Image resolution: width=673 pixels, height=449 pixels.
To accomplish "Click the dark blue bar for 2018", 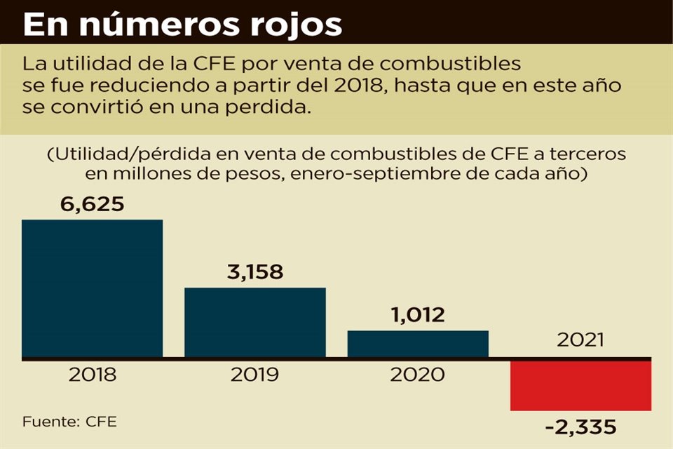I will pyautogui.click(x=93, y=289).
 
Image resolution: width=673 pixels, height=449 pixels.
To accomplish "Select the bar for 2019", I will pyautogui.click(x=255, y=323).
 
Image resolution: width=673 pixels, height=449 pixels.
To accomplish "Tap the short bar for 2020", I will pyautogui.click(x=418, y=344).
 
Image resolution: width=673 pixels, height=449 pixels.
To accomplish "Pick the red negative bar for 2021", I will pyautogui.click(x=580, y=385).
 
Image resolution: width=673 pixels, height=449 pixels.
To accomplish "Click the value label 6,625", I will pyautogui.click(x=93, y=204).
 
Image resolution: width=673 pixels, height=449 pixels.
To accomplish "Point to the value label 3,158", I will pyautogui.click(x=255, y=272).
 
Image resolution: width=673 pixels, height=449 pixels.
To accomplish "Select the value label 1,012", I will pyautogui.click(x=418, y=315).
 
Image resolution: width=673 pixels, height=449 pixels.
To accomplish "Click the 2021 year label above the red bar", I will pyautogui.click(x=580, y=340).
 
